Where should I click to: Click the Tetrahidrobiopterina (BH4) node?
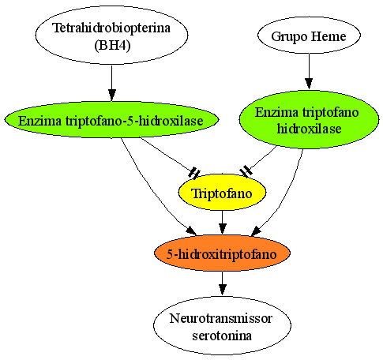click(x=111, y=35)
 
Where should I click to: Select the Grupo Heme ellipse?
click(x=309, y=36)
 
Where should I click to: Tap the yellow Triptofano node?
click(x=222, y=193)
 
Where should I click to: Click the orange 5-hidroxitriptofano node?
click(x=222, y=253)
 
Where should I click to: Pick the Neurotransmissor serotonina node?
click(x=222, y=326)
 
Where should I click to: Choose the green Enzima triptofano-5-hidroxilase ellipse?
click(x=111, y=120)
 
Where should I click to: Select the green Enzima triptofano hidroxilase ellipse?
click(x=309, y=120)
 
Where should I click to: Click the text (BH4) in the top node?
click(x=112, y=46)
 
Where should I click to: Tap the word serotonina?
click(x=222, y=336)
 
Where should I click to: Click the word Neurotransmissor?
click(x=221, y=318)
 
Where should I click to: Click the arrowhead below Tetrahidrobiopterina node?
click(x=112, y=95)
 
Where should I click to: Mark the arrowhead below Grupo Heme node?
click(x=309, y=84)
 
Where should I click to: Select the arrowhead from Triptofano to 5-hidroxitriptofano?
click(x=223, y=229)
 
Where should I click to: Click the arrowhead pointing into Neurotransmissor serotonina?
click(x=223, y=290)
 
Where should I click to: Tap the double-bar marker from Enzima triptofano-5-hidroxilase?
click(x=194, y=173)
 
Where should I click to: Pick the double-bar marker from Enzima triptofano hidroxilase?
click(x=246, y=171)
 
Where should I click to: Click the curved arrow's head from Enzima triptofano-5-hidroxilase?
click(x=191, y=231)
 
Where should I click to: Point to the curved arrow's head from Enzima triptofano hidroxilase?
click(x=256, y=231)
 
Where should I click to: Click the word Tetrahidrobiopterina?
click(x=111, y=28)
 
